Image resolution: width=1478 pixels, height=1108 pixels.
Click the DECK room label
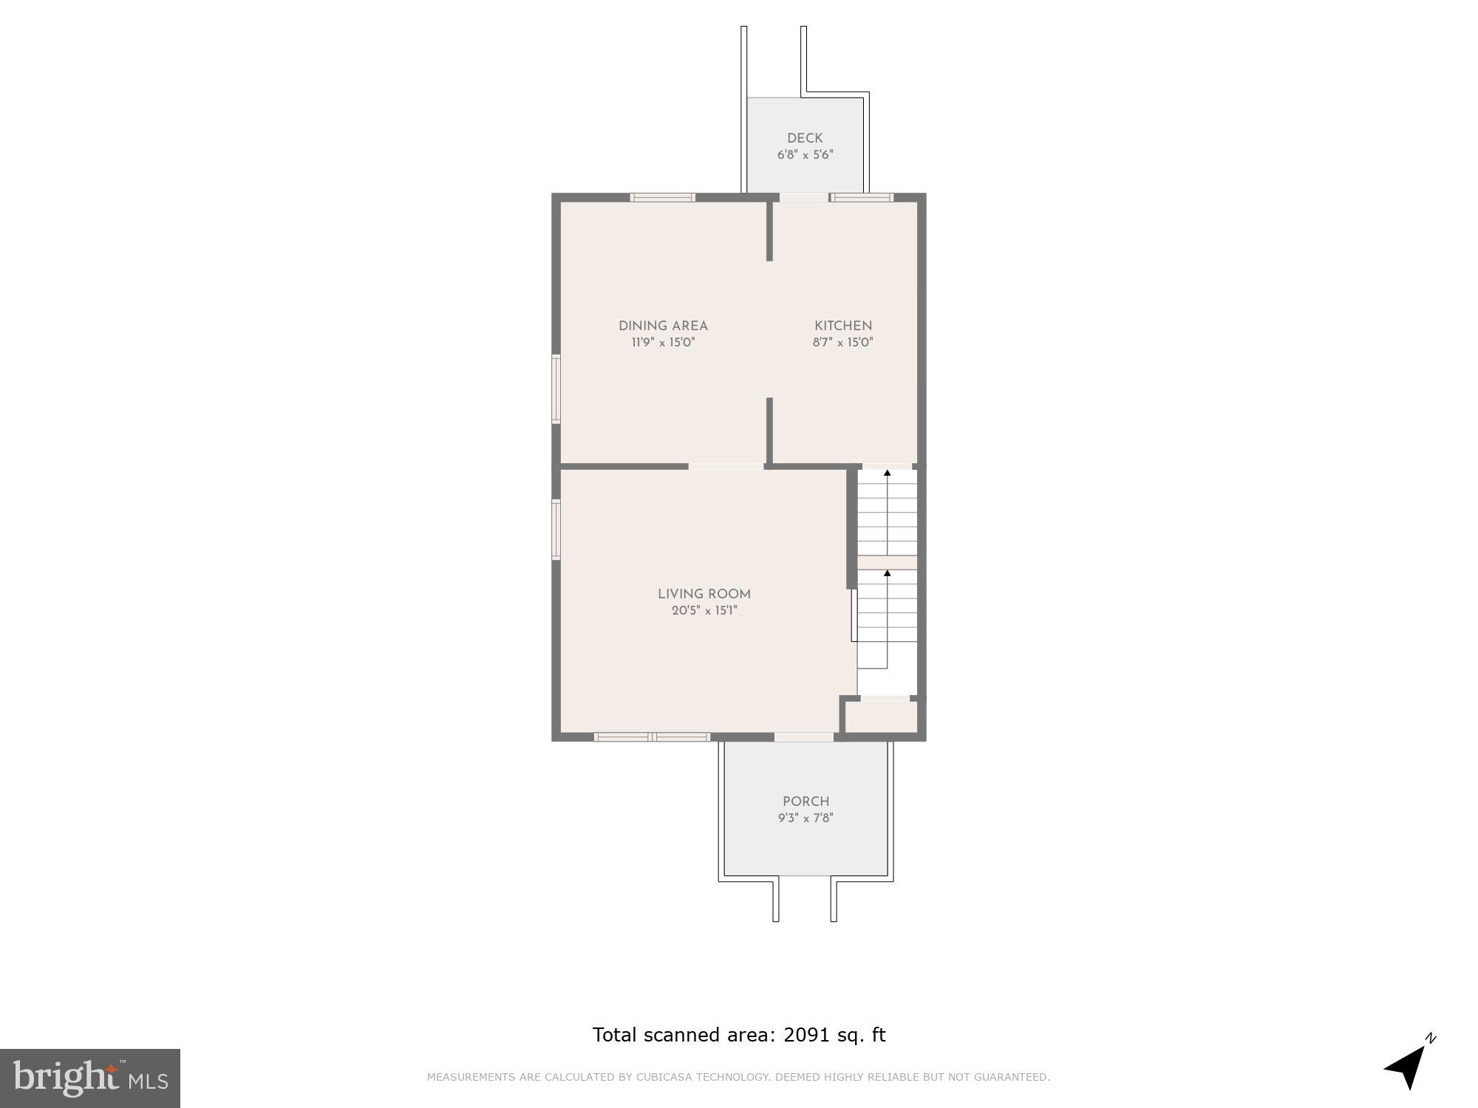pyautogui.click(x=805, y=138)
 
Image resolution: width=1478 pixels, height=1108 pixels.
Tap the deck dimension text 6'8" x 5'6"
pyautogui.click(x=805, y=155)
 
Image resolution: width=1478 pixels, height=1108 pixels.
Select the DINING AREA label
pyautogui.click(x=663, y=326)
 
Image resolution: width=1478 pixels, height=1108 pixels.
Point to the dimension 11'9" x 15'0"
pyautogui.click(x=663, y=343)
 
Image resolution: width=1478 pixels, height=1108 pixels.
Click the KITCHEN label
pyautogui.click(x=843, y=326)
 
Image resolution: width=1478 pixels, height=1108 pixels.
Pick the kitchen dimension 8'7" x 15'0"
pyautogui.click(x=843, y=343)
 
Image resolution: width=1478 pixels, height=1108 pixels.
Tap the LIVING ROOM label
pyautogui.click(x=704, y=594)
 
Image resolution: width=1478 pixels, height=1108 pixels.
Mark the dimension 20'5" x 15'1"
pyautogui.click(x=704, y=611)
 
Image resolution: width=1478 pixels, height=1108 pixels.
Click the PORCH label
pyautogui.click(x=806, y=801)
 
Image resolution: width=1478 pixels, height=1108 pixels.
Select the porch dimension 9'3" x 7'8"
pyautogui.click(x=806, y=818)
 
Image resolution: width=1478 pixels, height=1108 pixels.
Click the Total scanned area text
pyautogui.click(x=738, y=1035)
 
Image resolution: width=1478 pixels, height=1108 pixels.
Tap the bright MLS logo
pyautogui.click(x=89, y=1078)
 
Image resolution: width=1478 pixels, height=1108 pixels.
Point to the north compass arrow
pyautogui.click(x=1409, y=1066)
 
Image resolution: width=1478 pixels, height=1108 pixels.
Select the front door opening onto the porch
pyautogui.click(x=804, y=736)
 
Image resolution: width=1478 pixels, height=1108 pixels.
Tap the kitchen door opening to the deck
pyautogui.click(x=804, y=197)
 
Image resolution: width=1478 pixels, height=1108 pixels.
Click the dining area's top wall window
pyautogui.click(x=662, y=197)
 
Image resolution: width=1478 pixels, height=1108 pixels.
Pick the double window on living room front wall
pyautogui.click(x=652, y=736)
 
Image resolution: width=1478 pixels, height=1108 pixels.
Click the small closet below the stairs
pyautogui.click(x=881, y=717)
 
